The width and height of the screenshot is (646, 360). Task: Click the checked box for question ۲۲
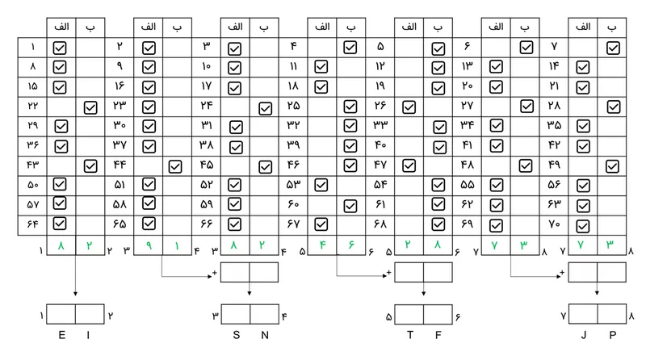coord(90,106)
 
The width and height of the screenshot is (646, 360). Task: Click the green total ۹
coord(148,243)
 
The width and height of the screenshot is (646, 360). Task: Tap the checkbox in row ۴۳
coord(90,165)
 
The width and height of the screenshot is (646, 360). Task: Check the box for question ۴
coord(350,48)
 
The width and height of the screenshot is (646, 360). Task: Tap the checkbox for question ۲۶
coord(409,106)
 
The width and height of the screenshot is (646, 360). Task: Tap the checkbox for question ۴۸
coord(526,165)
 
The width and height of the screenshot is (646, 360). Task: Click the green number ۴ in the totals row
coord(321,243)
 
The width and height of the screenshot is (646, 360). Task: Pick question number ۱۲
coord(380,67)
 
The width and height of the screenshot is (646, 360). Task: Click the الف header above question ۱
coord(61,27)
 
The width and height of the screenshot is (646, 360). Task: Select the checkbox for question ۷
coord(613,48)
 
